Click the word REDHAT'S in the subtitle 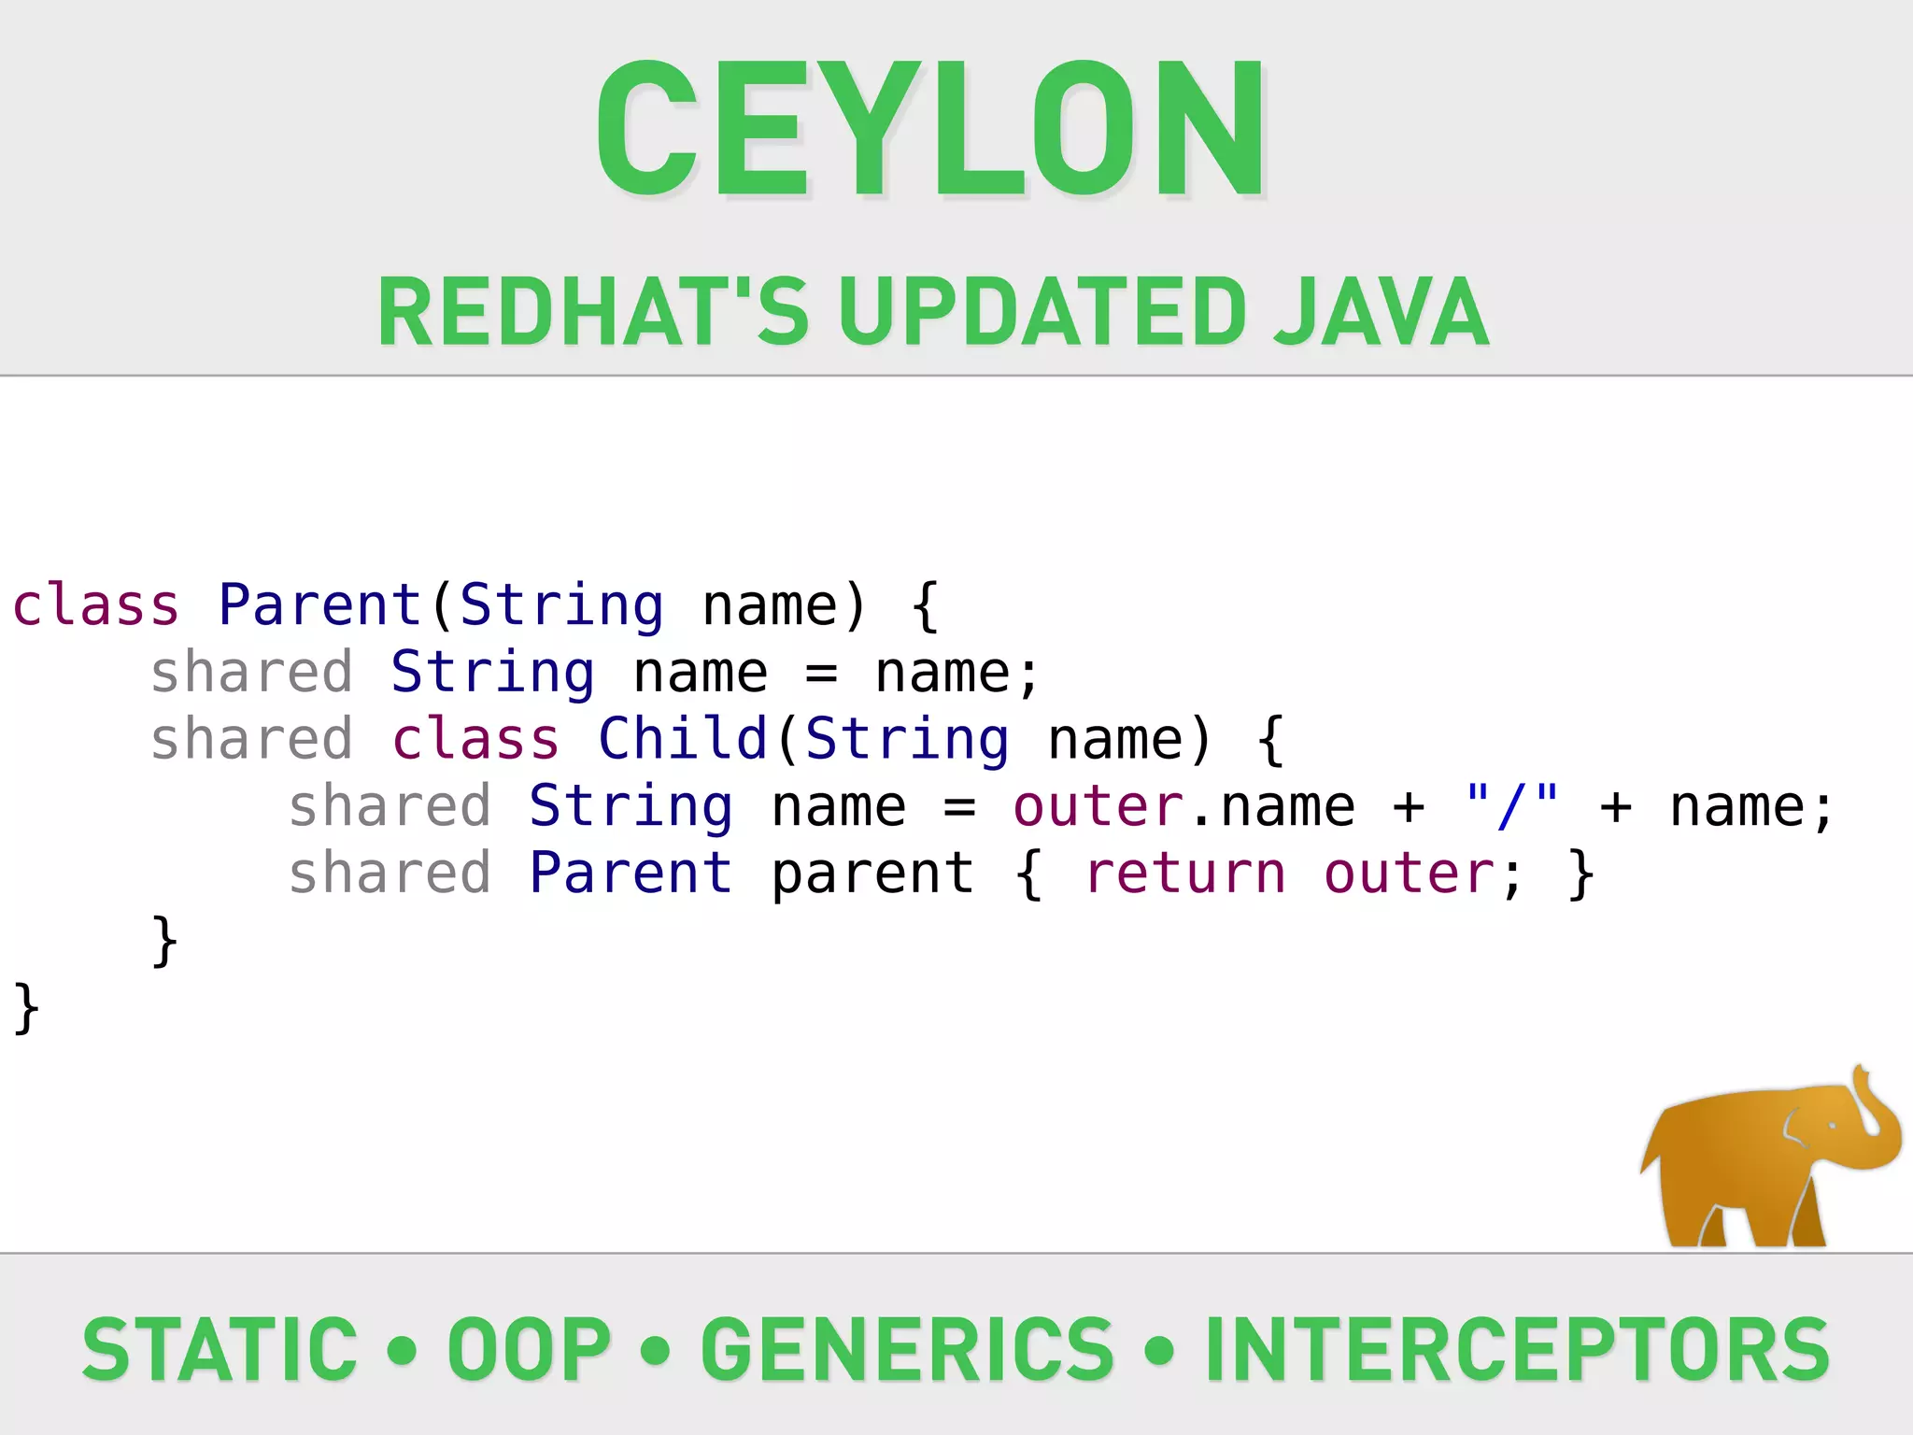(592, 312)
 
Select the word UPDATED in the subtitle (1042, 312)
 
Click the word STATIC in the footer (220, 1349)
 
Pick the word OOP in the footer (529, 1349)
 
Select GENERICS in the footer (907, 1349)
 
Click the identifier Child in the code (683, 739)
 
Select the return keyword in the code (1185, 874)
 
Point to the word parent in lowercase (872, 874)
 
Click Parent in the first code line (320, 604)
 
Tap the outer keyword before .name (1098, 806)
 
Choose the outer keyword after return (1410, 874)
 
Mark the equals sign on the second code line (821, 673)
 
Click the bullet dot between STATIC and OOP (402, 1349)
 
